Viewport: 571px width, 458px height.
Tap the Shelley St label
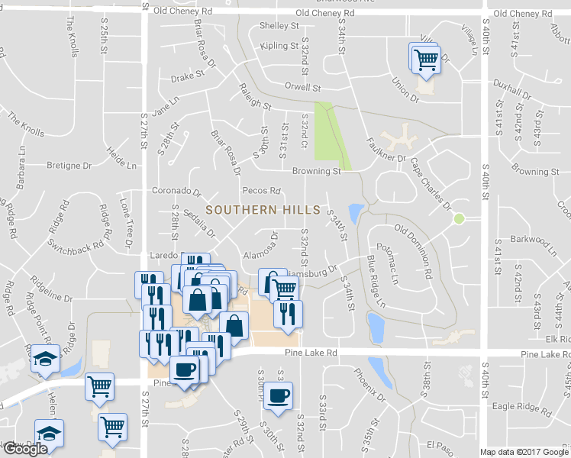click(x=279, y=25)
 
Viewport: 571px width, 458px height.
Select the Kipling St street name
click(x=279, y=46)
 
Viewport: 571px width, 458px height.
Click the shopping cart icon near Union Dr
click(x=426, y=58)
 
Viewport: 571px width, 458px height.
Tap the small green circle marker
click(x=459, y=219)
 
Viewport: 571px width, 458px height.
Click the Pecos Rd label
click(x=261, y=190)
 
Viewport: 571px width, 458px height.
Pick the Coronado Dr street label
click(x=176, y=192)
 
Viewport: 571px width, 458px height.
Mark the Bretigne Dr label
click(x=69, y=165)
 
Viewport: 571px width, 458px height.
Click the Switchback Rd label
click(x=76, y=247)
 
